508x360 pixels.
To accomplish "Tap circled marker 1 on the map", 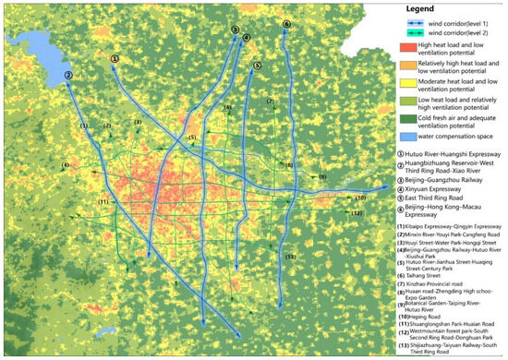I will pyautogui.click(x=115, y=58).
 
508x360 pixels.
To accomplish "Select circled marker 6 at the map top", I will pyautogui.click(x=286, y=24).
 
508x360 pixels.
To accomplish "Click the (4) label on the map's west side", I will pyautogui.click(x=66, y=166).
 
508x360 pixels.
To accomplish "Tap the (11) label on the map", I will pyautogui.click(x=103, y=201).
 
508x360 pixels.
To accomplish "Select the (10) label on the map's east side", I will pyautogui.click(x=361, y=197).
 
